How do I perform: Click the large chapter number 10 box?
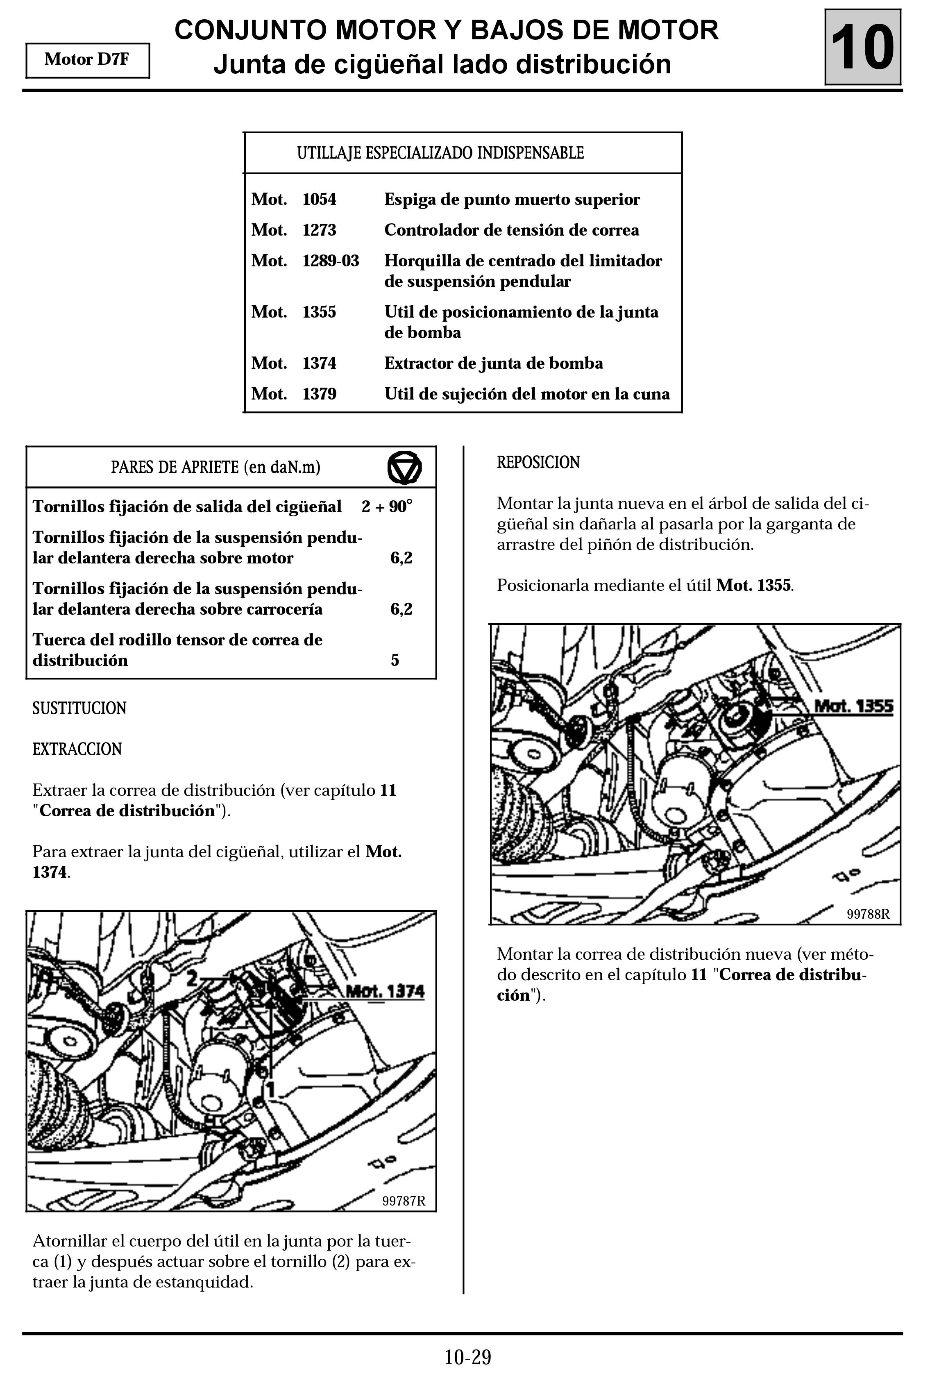(862, 47)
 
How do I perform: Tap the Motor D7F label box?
(88, 60)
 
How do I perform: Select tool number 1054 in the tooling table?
(319, 199)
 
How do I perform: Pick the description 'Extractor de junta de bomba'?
(493, 363)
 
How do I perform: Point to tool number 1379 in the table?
(319, 394)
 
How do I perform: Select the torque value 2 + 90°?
(387, 506)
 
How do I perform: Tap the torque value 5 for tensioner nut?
(395, 660)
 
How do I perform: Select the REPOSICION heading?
(538, 462)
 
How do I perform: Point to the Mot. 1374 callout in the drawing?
(385, 991)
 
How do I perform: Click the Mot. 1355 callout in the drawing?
(853, 706)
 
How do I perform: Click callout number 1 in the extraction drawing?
(270, 1090)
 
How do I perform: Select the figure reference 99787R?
(404, 1200)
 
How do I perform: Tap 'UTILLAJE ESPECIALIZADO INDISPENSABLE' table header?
(440, 153)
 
